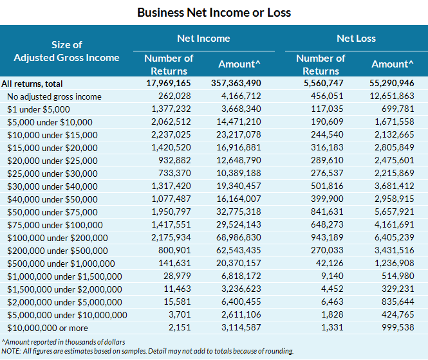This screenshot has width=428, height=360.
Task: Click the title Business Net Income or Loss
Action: click(x=214, y=12)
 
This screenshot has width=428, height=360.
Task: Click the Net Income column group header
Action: click(x=203, y=39)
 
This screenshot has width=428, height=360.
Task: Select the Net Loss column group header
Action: click(x=356, y=39)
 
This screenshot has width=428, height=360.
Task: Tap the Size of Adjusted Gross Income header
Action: click(x=66, y=51)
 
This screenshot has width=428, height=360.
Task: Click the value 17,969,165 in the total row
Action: click(x=168, y=84)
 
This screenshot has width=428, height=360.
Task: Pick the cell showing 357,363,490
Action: click(x=236, y=84)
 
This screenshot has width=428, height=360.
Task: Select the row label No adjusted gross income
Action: click(x=54, y=96)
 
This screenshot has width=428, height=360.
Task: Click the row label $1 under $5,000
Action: click(x=39, y=109)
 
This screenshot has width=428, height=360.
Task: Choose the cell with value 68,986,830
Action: click(x=237, y=237)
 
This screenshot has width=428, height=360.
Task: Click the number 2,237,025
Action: click(x=170, y=135)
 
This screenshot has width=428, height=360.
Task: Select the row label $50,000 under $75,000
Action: click(x=52, y=212)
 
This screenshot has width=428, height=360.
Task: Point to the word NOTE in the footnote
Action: click(x=10, y=351)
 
